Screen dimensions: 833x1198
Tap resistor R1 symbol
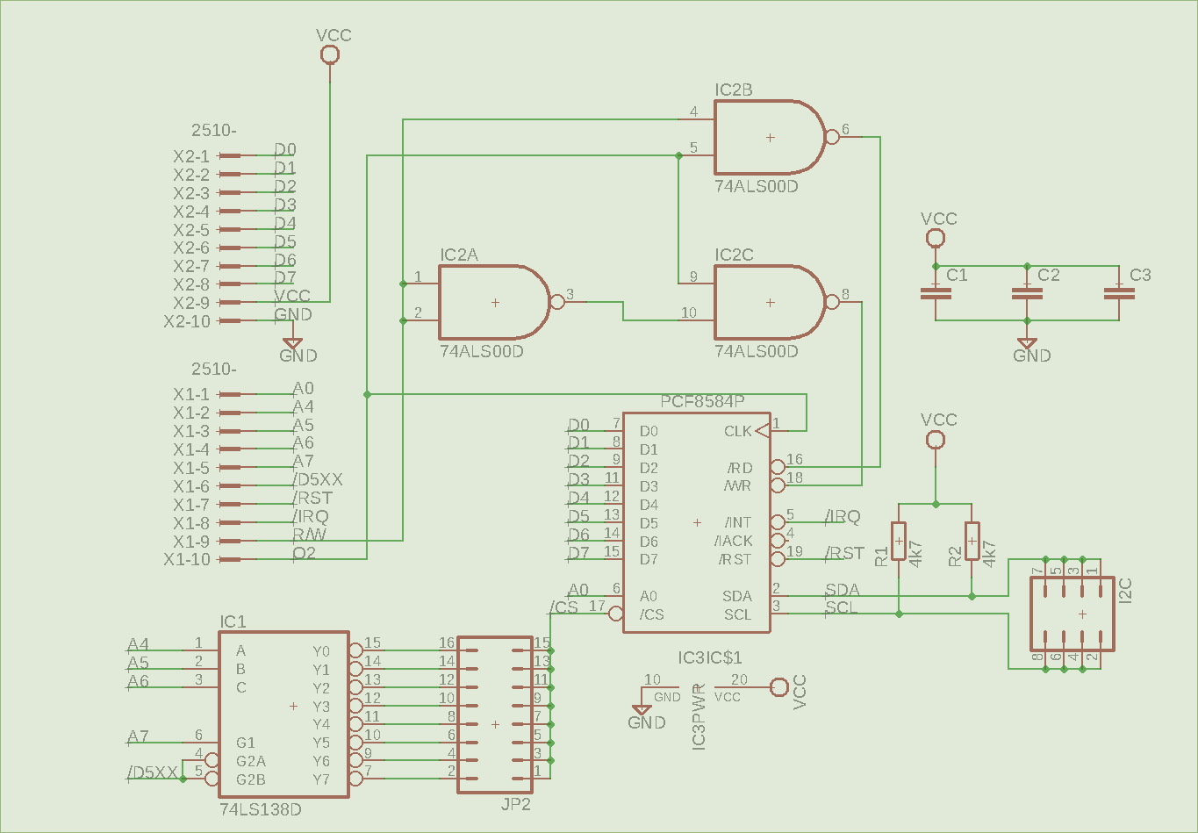[x=899, y=542]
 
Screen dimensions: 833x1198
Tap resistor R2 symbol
[x=972, y=542]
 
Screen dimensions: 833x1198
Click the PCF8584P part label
[x=702, y=402]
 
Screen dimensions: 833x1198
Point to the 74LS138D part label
[x=261, y=809]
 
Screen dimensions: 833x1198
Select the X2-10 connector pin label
[x=187, y=321]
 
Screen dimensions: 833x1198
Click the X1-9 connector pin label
[x=191, y=542]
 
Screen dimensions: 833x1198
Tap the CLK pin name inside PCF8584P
[x=737, y=431]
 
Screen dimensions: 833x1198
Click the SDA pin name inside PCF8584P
[x=737, y=596]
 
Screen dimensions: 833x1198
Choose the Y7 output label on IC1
[x=321, y=779]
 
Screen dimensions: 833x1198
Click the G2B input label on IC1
[x=251, y=779]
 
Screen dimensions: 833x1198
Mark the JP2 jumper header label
[x=516, y=804]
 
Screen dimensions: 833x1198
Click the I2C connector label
[x=1127, y=590]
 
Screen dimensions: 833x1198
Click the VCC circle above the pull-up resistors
[x=936, y=439]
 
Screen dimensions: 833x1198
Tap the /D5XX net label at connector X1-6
[x=318, y=480]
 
